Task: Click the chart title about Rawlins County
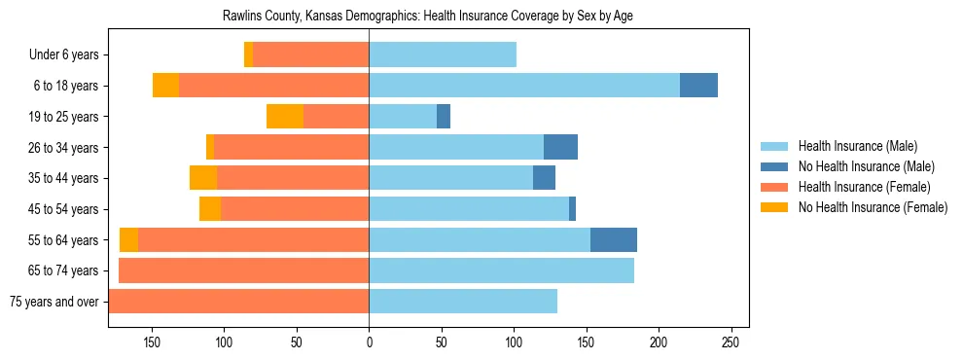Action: [428, 17]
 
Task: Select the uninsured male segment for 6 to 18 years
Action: [698, 86]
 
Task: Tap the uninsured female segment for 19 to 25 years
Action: [285, 117]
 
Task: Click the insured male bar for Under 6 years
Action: [443, 54]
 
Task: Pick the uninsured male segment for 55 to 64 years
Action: [614, 240]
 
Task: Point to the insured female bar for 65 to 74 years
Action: [243, 270]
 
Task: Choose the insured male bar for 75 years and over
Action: [463, 302]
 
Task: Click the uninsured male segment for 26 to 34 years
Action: [560, 147]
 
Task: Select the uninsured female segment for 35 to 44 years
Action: [203, 178]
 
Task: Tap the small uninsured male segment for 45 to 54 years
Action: [572, 209]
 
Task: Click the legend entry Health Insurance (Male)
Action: [857, 146]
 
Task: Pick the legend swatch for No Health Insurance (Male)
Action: [775, 166]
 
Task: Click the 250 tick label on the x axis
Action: [731, 342]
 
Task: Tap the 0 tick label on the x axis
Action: [369, 342]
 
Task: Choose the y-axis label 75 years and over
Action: [53, 302]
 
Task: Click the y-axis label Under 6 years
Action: [63, 54]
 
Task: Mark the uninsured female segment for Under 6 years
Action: [249, 54]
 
